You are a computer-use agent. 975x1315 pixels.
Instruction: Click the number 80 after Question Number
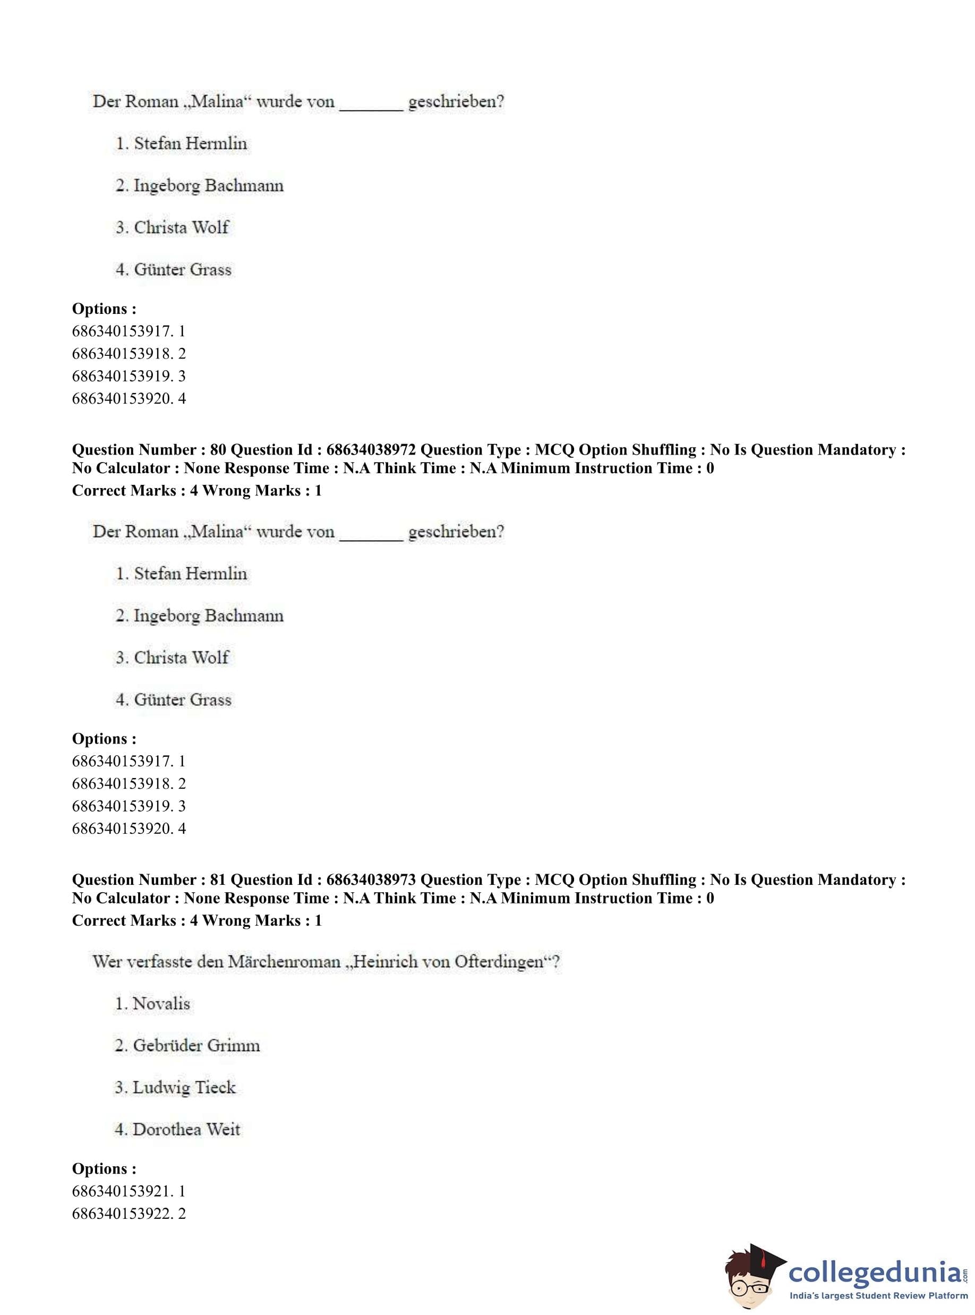tap(218, 450)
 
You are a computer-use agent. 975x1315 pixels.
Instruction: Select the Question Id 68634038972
tap(371, 450)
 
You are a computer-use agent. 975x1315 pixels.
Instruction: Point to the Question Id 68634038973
tap(371, 879)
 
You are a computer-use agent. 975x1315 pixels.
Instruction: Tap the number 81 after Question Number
tap(218, 879)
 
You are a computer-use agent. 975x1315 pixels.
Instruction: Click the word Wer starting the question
tap(107, 961)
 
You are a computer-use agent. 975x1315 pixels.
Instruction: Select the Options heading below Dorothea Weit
tap(104, 1168)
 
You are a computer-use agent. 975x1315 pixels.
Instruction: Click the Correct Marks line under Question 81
tap(196, 920)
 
